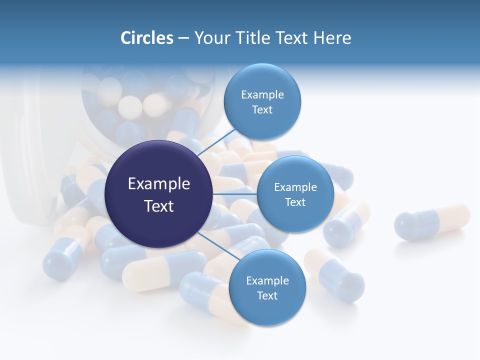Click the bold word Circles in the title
146,38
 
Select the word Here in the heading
332,38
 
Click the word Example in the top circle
262,94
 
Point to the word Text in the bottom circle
267,295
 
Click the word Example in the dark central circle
159,184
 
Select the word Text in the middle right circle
295,202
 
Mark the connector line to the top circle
216,142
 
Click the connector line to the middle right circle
234,194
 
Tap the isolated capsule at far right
432,221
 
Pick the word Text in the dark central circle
159,206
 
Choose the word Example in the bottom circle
267,280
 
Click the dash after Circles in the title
183,38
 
